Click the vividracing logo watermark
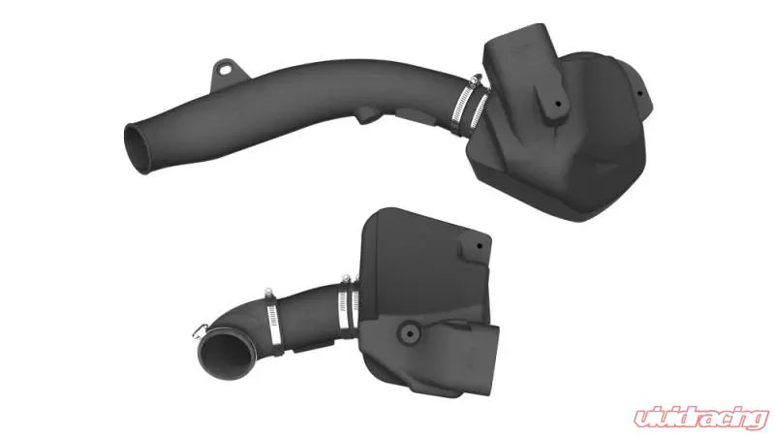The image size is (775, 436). click(x=701, y=418)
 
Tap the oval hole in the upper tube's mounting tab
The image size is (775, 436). click(x=226, y=70)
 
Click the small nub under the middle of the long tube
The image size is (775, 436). click(x=368, y=115)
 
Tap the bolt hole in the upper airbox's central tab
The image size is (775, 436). click(x=558, y=105)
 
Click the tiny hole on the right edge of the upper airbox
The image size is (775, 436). click(x=639, y=93)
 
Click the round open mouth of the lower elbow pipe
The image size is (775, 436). click(x=227, y=354)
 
